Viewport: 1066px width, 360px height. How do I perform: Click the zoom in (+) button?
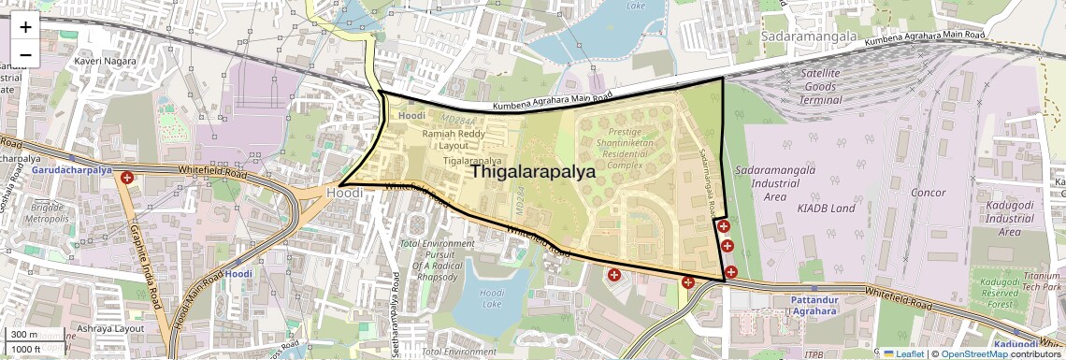click(x=25, y=26)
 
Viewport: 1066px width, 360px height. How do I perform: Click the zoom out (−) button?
click(x=25, y=54)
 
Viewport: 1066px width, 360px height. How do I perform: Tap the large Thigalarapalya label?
click(x=533, y=171)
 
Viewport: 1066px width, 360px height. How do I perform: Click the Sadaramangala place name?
click(x=809, y=36)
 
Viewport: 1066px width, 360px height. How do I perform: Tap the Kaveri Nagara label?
click(x=105, y=61)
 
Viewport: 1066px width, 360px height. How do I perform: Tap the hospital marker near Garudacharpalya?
click(x=126, y=177)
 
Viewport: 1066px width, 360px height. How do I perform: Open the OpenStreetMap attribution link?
click(x=973, y=353)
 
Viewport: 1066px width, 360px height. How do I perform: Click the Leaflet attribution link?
click(x=904, y=353)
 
